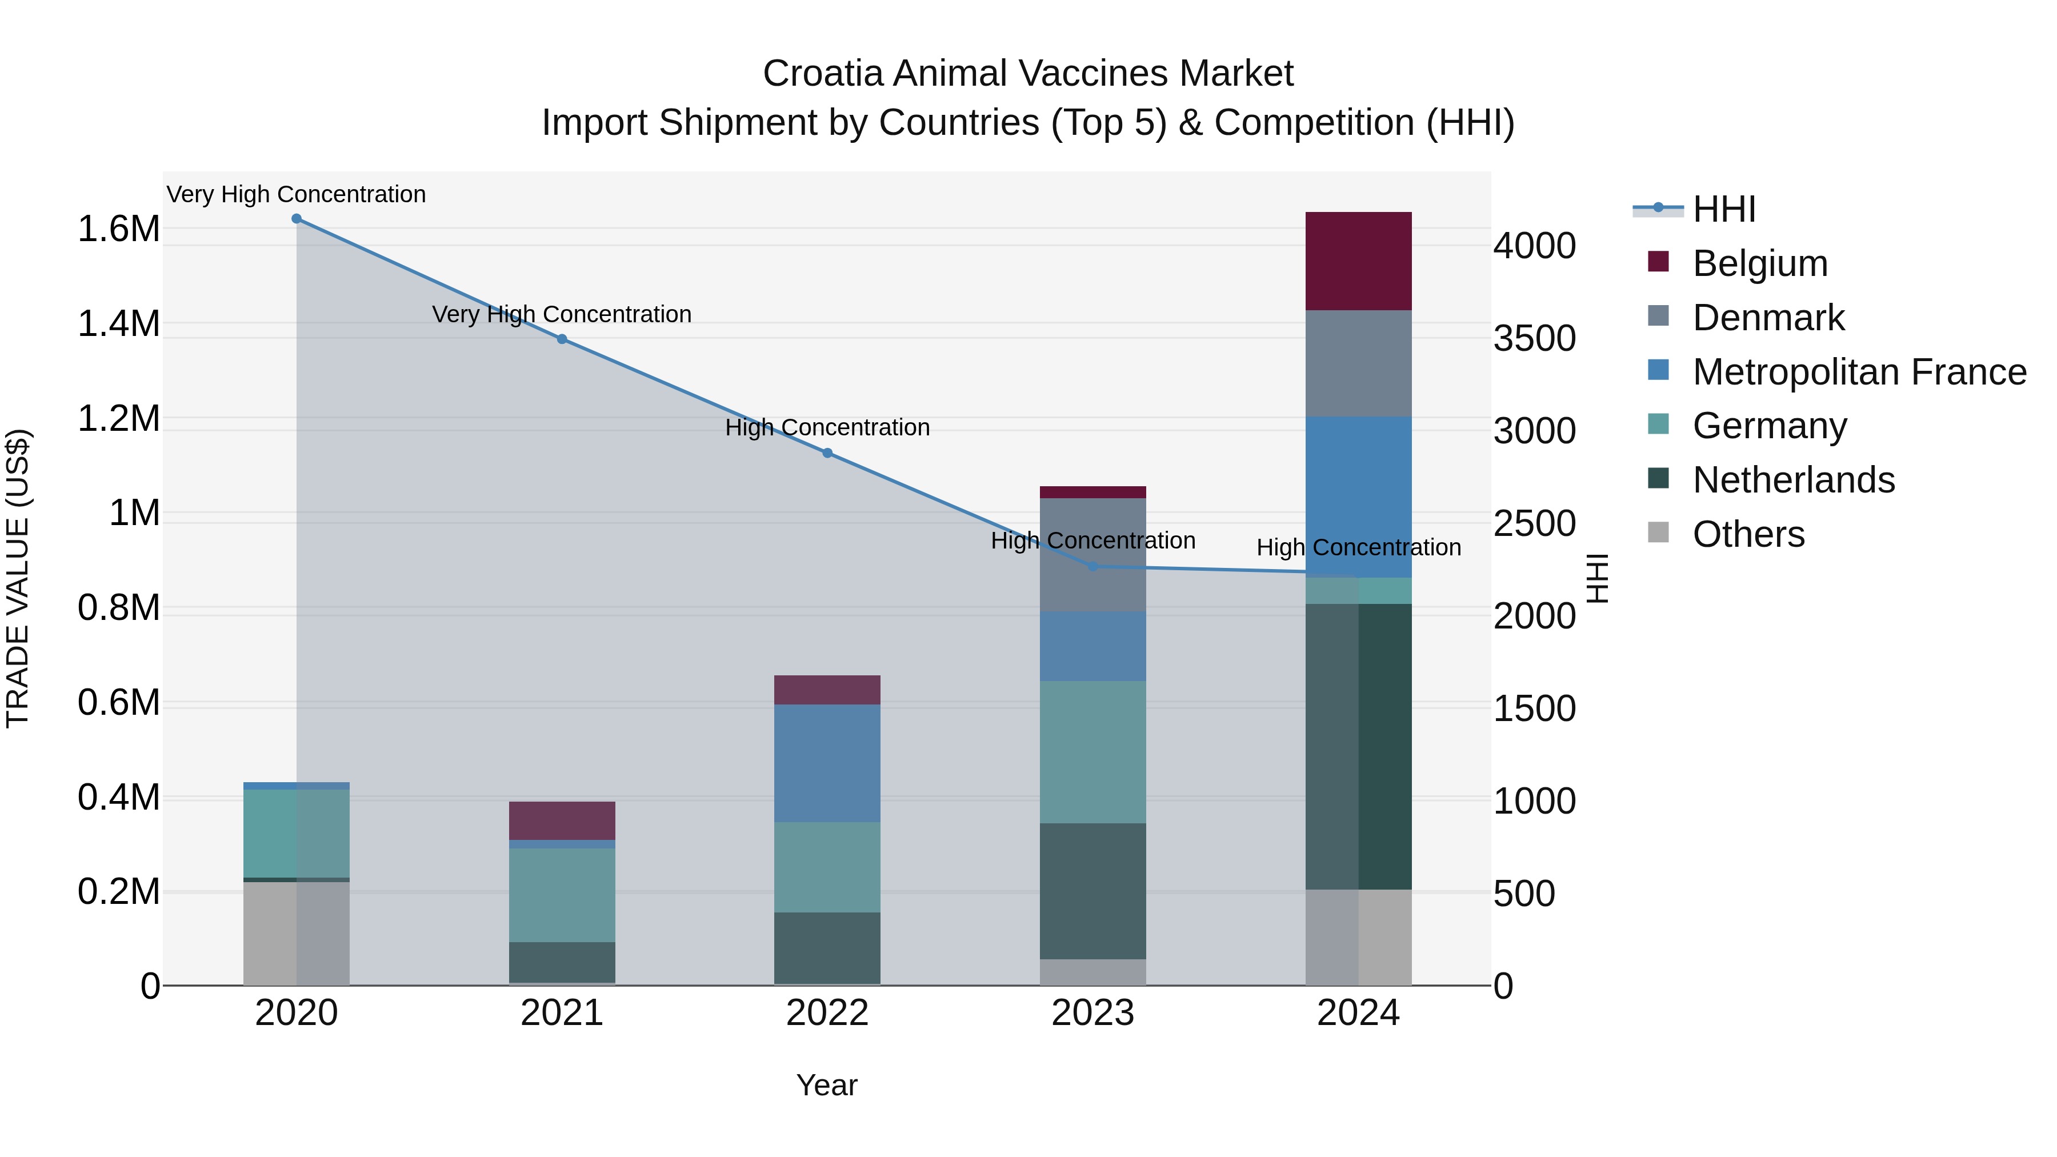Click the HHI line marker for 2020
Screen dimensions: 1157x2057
[x=296, y=219]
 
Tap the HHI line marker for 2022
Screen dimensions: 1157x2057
[x=827, y=454]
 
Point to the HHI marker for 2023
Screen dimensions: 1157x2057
[x=1093, y=567]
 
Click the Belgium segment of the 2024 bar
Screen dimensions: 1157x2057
[x=1358, y=261]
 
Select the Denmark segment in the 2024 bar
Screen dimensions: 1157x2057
[x=1358, y=363]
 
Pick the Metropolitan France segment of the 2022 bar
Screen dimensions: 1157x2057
[x=827, y=763]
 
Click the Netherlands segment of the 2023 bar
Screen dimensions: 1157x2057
[x=1093, y=891]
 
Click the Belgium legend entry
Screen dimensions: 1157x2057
[x=1759, y=263]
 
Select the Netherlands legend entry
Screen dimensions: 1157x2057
[x=1792, y=480]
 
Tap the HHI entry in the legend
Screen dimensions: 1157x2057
[x=1723, y=209]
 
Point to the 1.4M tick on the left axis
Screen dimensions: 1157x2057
[x=118, y=324]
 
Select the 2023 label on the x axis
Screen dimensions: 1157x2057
[x=1092, y=1013]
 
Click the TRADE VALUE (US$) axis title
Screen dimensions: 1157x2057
[x=18, y=578]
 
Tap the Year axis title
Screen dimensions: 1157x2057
[x=826, y=1085]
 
